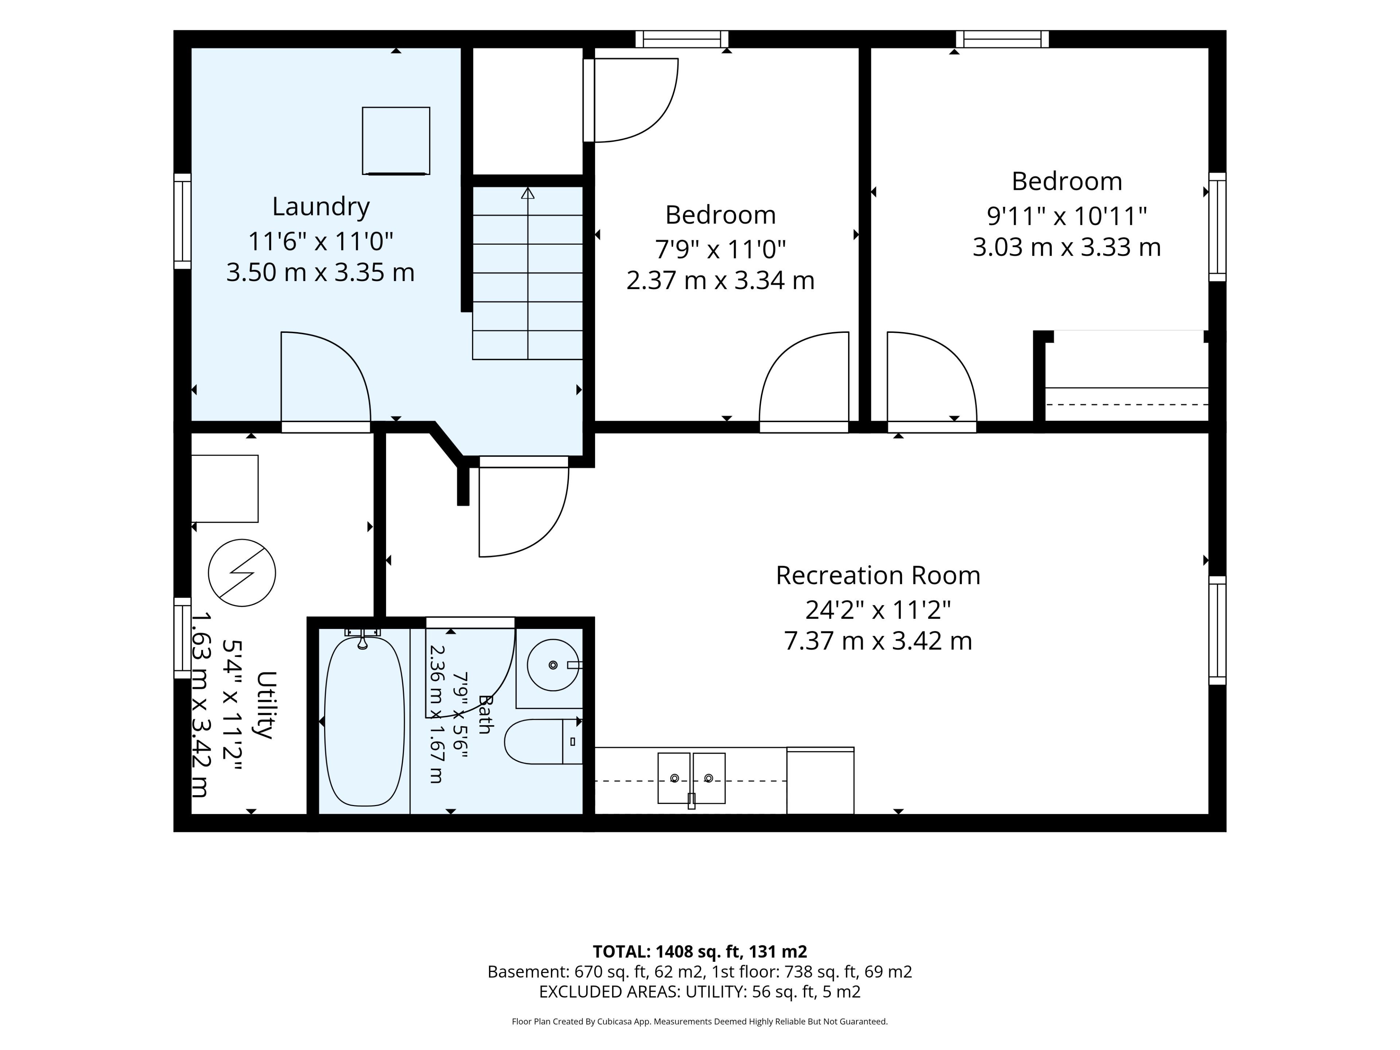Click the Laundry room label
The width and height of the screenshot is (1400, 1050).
click(x=321, y=207)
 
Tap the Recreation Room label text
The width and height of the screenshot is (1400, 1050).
click(x=878, y=575)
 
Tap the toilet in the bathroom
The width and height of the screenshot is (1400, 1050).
click(x=543, y=742)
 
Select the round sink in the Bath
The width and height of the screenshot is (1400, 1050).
click(x=553, y=665)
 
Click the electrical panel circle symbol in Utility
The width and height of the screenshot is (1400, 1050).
click(x=242, y=573)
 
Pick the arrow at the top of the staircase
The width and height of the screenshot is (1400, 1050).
click(x=527, y=193)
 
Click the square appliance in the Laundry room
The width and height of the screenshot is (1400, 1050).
click(x=396, y=140)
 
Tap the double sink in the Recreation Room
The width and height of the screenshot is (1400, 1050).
click(x=691, y=778)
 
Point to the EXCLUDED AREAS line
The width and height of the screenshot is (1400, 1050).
click(x=699, y=992)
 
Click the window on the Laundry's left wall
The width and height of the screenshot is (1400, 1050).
click(x=182, y=222)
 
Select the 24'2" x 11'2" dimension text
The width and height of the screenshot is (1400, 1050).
click(x=878, y=610)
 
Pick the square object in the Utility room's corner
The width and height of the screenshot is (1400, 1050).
click(x=225, y=489)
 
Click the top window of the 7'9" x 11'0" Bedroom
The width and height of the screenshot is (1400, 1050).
click(x=682, y=39)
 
